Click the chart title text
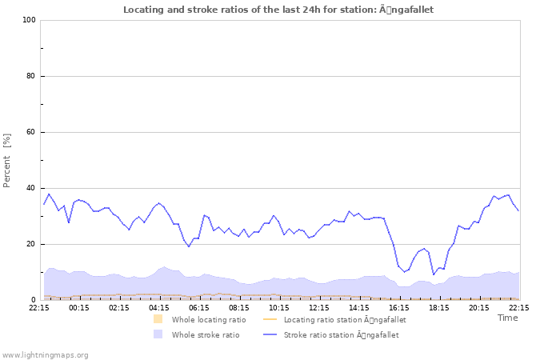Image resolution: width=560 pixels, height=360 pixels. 278,10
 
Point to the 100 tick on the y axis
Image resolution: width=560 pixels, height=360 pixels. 29,20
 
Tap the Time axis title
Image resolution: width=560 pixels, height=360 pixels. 507,318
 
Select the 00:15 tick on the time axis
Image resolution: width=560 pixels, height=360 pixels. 79,307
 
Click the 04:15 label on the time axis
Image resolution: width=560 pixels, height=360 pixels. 159,307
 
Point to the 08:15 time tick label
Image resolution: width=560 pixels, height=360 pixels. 239,307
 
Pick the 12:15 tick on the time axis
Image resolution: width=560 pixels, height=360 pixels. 319,307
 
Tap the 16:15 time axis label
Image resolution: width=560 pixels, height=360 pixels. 399,307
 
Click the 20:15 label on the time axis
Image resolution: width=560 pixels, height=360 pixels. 479,307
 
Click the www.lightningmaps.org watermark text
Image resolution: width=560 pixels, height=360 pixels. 46,354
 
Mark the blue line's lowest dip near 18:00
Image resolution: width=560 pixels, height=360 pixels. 434,274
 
